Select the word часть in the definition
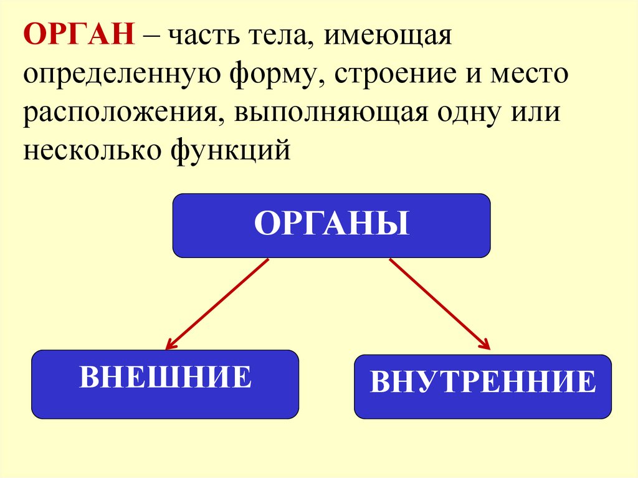point(199,38)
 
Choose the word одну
point(475,117)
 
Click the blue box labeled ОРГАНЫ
point(331,226)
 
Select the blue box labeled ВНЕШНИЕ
point(165,383)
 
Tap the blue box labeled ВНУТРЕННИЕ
point(482,386)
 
